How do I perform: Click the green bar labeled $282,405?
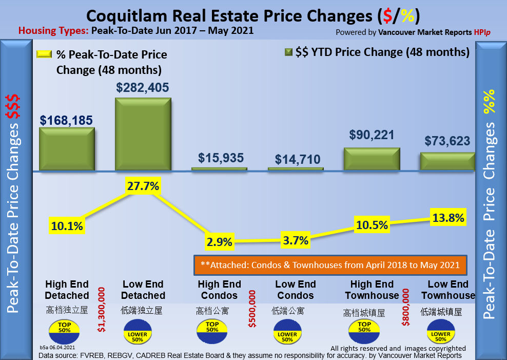tap(143, 134)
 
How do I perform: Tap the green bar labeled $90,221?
tap(372, 159)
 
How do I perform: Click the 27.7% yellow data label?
tap(142, 186)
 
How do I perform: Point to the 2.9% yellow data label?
tap(219, 241)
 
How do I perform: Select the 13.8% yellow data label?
tap(448, 218)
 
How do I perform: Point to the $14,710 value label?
tap(296, 159)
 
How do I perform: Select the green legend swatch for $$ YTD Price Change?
tap(288, 52)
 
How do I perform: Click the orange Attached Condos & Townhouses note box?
tap(330, 265)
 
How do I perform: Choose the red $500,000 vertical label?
tap(252, 309)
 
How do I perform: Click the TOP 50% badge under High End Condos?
tap(212, 331)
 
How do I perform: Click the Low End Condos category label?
tap(295, 290)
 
